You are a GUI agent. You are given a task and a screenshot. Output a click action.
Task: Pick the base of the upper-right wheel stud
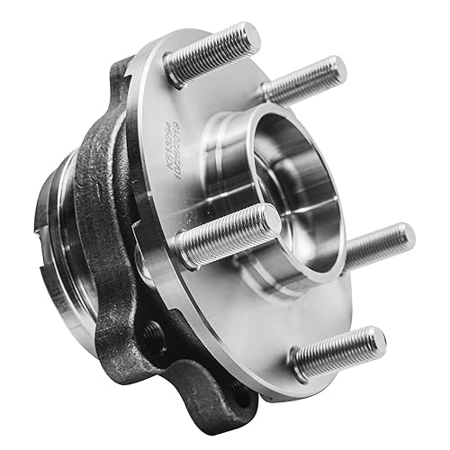[x=269, y=93]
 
